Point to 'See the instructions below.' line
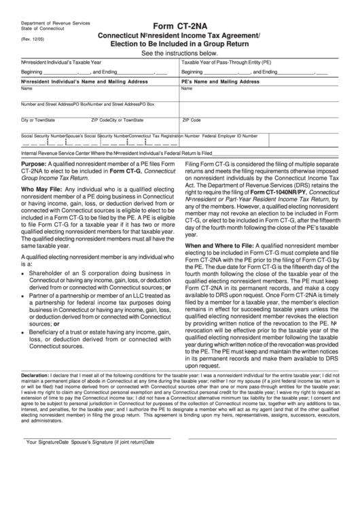(179, 53)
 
